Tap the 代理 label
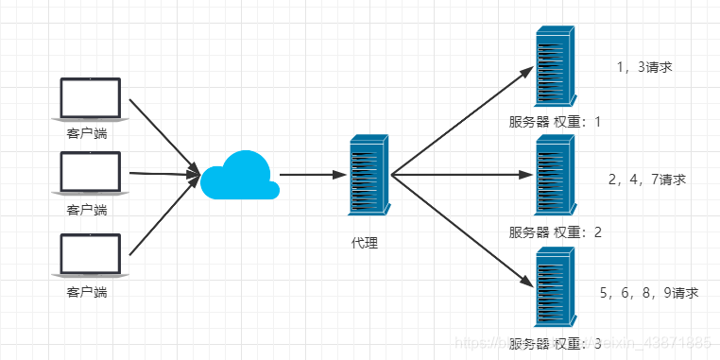(x=364, y=244)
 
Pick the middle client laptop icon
(x=91, y=175)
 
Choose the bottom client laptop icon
(x=90, y=257)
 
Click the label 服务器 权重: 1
(x=555, y=123)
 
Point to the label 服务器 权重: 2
(x=555, y=232)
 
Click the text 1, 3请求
(x=643, y=67)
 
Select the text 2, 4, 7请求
(x=647, y=179)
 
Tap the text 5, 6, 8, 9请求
(x=649, y=293)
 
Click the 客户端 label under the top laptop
(x=87, y=133)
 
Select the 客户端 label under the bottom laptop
(x=87, y=292)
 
